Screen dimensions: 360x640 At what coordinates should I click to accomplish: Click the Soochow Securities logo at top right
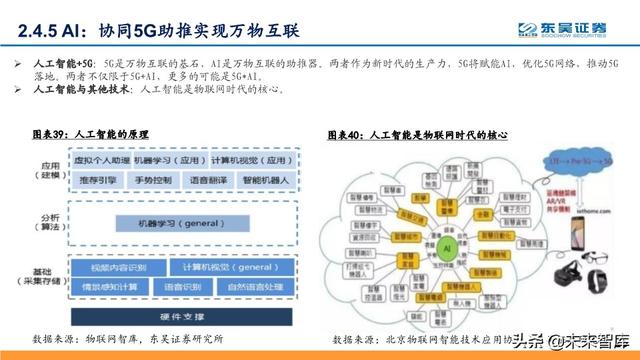pos(574,28)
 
